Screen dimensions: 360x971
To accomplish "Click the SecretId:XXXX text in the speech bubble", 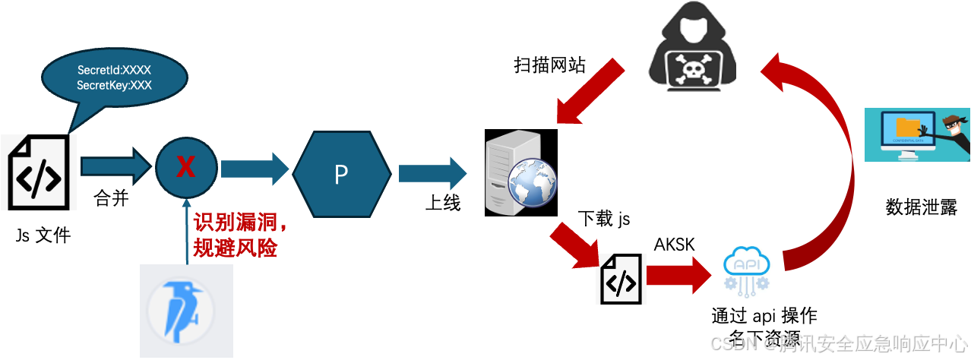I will tap(114, 71).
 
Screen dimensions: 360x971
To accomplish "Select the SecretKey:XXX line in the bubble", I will tap(114, 85).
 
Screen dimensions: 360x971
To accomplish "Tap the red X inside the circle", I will tap(185, 167).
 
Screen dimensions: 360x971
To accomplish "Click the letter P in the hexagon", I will tap(341, 174).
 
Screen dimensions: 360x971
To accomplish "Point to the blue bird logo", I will tap(186, 312).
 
